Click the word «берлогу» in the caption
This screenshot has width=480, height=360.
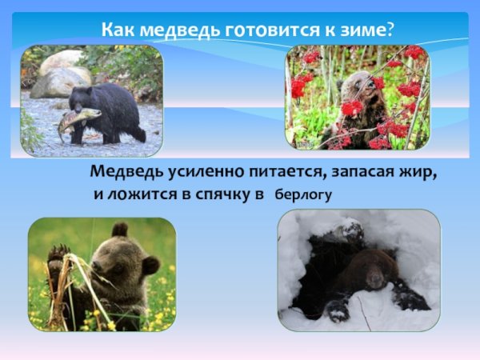[x=303, y=194]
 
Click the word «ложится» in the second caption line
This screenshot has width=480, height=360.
[x=143, y=194]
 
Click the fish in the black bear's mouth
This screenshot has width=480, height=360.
[x=78, y=120]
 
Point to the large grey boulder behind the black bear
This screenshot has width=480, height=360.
[x=61, y=80]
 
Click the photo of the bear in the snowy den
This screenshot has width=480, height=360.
[x=358, y=270]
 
